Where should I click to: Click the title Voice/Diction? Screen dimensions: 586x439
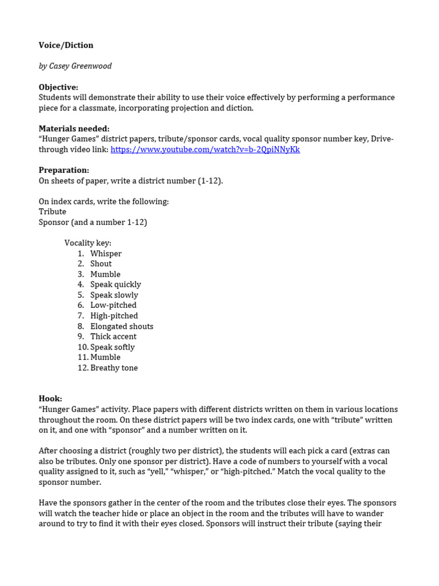(x=66, y=45)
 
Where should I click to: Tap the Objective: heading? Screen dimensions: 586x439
(x=58, y=87)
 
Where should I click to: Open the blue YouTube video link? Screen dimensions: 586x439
(x=205, y=149)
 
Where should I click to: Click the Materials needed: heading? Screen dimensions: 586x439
(x=74, y=129)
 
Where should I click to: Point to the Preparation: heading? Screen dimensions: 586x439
(x=63, y=170)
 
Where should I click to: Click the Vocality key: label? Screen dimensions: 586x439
(x=87, y=243)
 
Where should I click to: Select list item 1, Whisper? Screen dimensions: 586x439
(x=106, y=254)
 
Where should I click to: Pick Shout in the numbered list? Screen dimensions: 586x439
(x=101, y=264)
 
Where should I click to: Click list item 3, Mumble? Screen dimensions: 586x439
(x=105, y=274)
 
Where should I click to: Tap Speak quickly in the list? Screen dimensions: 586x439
(x=115, y=284)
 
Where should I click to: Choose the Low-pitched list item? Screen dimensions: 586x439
(x=113, y=306)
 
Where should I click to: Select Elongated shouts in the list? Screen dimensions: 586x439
(x=122, y=326)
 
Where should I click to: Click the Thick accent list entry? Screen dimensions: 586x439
(x=113, y=336)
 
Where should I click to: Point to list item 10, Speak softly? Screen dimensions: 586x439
(x=113, y=347)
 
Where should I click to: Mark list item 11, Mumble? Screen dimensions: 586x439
(x=105, y=357)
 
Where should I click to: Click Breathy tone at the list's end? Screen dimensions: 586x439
(x=114, y=368)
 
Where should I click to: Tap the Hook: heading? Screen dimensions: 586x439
(x=50, y=399)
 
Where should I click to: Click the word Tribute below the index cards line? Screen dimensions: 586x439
(x=53, y=212)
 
